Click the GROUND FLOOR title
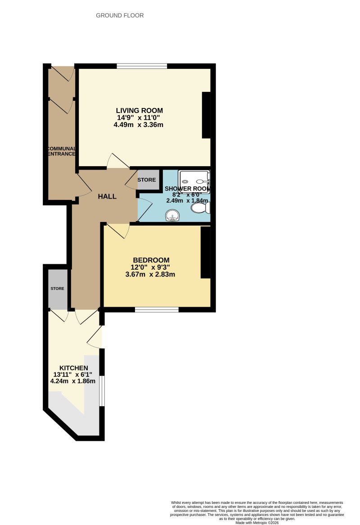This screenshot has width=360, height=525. pyautogui.click(x=120, y=15)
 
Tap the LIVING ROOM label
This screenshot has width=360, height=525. pyautogui.click(x=139, y=110)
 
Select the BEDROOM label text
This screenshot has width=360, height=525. pyautogui.click(x=151, y=260)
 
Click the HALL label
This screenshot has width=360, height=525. pyautogui.click(x=108, y=196)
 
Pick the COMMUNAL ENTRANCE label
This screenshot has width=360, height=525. pyautogui.click(x=62, y=151)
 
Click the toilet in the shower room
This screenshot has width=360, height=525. pyautogui.click(x=199, y=208)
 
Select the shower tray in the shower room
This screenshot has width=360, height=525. pyautogui.click(x=194, y=181)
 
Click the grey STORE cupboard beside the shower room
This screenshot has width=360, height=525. pyautogui.click(x=147, y=180)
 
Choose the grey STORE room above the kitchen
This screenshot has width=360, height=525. pyautogui.click(x=58, y=289)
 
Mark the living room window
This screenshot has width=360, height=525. pyautogui.click(x=142, y=67)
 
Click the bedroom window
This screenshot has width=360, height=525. pyautogui.click(x=157, y=309)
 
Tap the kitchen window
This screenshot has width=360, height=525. pyautogui.click(x=103, y=390)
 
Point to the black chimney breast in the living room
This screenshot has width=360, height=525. pyautogui.click(x=206, y=115)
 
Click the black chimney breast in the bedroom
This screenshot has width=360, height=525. pyautogui.click(x=205, y=253)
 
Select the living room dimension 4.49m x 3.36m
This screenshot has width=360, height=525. pyautogui.click(x=139, y=125)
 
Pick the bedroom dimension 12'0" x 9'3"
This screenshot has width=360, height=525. pyautogui.click(x=151, y=267)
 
